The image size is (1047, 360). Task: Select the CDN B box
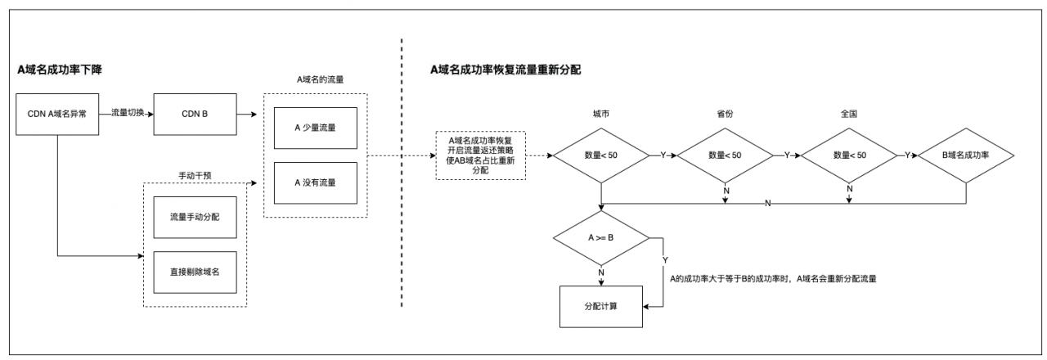click(x=195, y=114)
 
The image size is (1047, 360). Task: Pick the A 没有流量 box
click(x=315, y=183)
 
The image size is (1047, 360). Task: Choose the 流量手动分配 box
click(x=195, y=217)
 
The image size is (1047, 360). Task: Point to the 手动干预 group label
click(x=195, y=173)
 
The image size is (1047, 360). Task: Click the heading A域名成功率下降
click(x=61, y=70)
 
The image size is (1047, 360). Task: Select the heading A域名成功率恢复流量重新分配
click(x=506, y=70)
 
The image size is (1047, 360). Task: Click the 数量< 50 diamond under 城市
click(x=601, y=155)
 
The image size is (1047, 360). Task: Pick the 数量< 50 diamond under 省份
click(x=726, y=155)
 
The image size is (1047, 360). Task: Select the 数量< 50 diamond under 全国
click(x=847, y=155)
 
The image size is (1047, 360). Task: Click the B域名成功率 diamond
click(x=966, y=155)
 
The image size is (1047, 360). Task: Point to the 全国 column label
click(x=847, y=114)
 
